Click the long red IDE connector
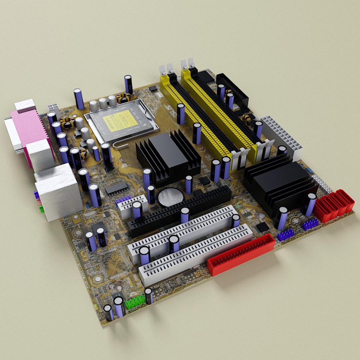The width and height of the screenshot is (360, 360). [241, 254]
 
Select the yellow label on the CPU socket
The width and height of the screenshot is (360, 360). [120, 120]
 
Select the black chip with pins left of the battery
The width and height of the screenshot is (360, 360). [117, 189]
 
